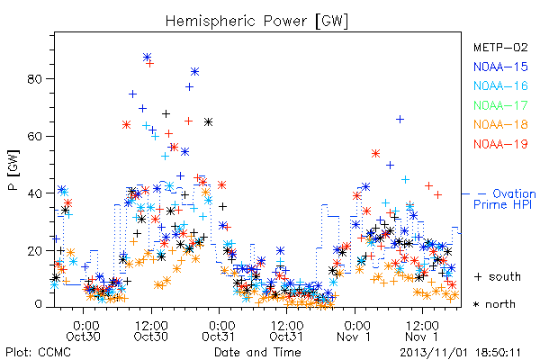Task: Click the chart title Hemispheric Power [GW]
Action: coord(256,21)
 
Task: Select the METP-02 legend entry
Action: coord(500,47)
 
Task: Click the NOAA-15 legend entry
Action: coord(500,67)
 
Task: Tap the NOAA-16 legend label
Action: coord(500,85)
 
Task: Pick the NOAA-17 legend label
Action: coord(500,105)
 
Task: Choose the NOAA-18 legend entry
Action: coord(500,124)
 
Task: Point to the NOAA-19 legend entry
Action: coord(500,144)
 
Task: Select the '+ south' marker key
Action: coord(498,276)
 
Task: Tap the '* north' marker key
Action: coord(494,304)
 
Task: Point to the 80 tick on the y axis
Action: coord(34,79)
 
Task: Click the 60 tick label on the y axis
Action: coord(34,137)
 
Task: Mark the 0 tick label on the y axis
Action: coord(38,304)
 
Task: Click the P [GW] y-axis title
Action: coord(13,170)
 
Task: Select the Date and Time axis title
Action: coord(257,352)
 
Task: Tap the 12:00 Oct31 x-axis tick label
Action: coord(286,330)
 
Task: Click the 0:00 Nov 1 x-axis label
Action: coord(355,330)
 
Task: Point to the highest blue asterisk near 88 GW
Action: coord(147,58)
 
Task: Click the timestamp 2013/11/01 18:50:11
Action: coord(460,353)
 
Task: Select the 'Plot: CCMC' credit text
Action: coord(38,352)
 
